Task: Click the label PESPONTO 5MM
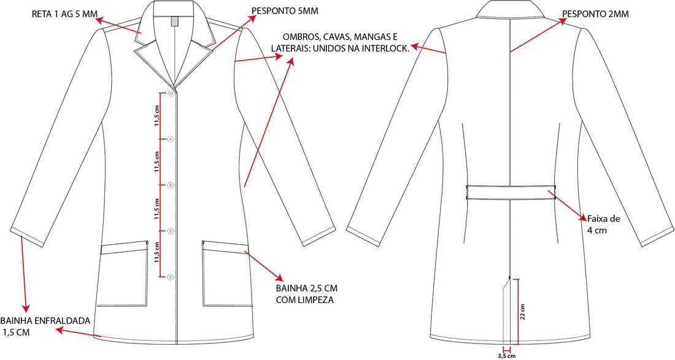click(x=285, y=11)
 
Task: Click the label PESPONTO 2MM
click(x=595, y=14)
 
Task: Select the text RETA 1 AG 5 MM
click(x=65, y=13)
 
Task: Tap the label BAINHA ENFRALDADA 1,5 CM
click(x=45, y=326)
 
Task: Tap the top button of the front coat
click(x=171, y=93)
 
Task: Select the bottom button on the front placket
click(x=171, y=277)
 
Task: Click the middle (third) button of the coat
click(x=171, y=185)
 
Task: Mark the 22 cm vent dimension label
click(x=523, y=312)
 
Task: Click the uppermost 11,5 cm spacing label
click(x=157, y=116)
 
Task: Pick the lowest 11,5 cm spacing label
click(x=157, y=253)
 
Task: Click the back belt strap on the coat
click(x=511, y=193)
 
